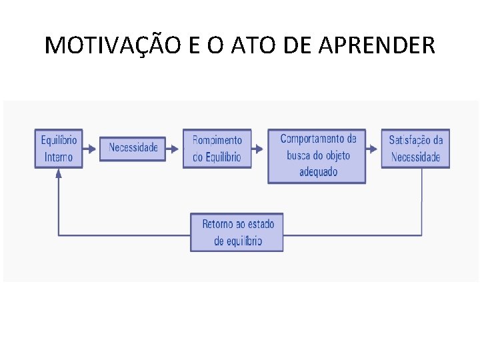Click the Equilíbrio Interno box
click(x=59, y=149)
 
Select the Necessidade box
click(x=133, y=148)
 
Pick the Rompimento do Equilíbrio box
click(x=217, y=149)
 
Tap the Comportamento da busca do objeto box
click(x=317, y=155)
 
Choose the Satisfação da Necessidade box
click(x=415, y=149)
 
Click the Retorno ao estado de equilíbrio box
click(x=237, y=232)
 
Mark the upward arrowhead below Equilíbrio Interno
click(x=59, y=173)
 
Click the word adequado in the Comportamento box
click(x=318, y=172)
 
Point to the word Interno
click(x=59, y=157)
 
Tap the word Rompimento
click(x=217, y=140)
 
